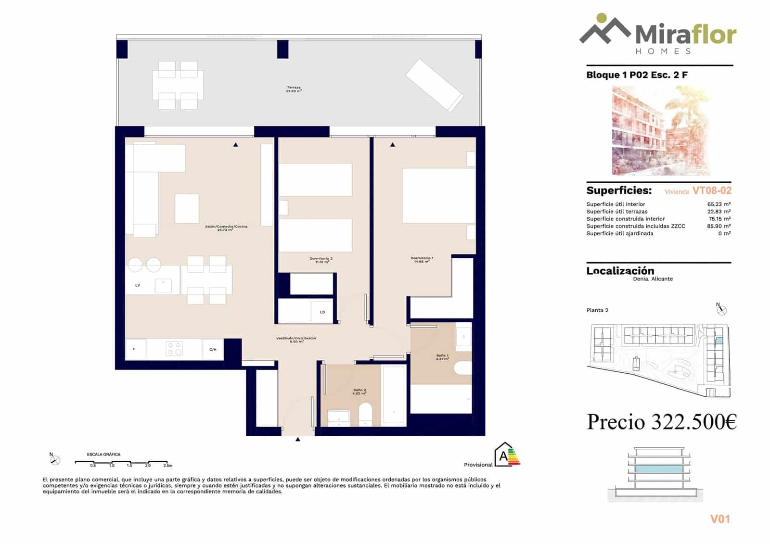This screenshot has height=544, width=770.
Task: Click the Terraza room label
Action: [294, 89]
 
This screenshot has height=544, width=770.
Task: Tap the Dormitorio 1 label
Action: [422, 260]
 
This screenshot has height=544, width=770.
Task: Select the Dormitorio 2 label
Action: [321, 260]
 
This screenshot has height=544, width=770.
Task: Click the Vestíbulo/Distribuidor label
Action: [296, 340]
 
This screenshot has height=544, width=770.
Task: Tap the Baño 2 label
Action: [359, 392]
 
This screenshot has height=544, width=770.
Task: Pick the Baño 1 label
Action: [442, 357]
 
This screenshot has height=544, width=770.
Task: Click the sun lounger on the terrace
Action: [434, 85]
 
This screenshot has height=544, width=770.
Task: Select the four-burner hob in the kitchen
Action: [174, 349]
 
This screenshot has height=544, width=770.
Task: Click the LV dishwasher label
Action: [138, 285]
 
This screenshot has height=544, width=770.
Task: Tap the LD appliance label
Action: [322, 312]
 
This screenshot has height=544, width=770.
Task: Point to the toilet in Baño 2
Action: [366, 414]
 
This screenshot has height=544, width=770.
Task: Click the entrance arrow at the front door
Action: [298, 439]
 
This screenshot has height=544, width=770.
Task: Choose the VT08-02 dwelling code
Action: [712, 190]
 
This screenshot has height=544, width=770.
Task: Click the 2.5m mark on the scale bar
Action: [167, 466]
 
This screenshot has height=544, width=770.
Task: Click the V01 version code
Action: [720, 519]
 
